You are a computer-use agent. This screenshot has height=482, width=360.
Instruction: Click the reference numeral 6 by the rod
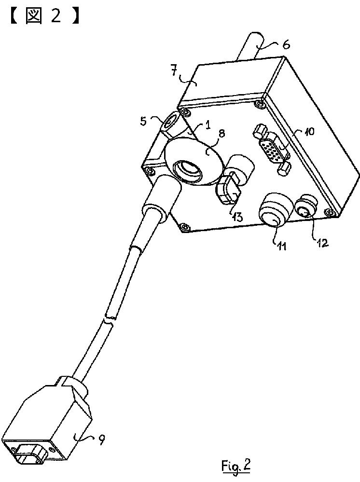point(286,45)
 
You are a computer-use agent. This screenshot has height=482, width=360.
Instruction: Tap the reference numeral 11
point(282,246)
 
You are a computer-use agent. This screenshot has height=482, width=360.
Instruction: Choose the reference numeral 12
point(321,242)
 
